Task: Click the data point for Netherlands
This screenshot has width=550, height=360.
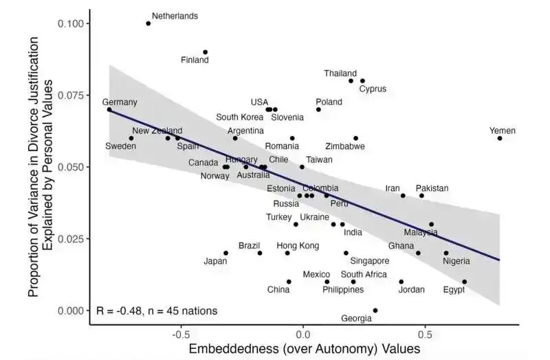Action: (148, 23)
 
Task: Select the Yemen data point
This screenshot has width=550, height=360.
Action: (500, 138)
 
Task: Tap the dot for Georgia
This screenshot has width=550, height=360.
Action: (375, 311)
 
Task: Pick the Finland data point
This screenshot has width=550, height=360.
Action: (205, 52)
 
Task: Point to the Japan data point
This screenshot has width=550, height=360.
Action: (226, 253)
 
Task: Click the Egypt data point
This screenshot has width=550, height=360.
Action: (465, 282)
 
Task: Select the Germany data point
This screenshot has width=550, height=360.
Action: (109, 109)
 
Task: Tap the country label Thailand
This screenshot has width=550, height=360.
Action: (340, 74)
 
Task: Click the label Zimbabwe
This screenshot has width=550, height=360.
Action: (345, 146)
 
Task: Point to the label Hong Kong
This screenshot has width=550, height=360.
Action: (298, 245)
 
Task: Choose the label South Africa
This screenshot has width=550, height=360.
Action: (364, 274)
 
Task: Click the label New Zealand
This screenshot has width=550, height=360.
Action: (157, 131)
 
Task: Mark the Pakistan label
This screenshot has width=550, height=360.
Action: (432, 188)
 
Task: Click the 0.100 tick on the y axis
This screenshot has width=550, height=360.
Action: (70, 24)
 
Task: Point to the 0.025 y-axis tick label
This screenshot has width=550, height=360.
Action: (70, 238)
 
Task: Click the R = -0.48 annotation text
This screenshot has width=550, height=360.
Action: (157, 311)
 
